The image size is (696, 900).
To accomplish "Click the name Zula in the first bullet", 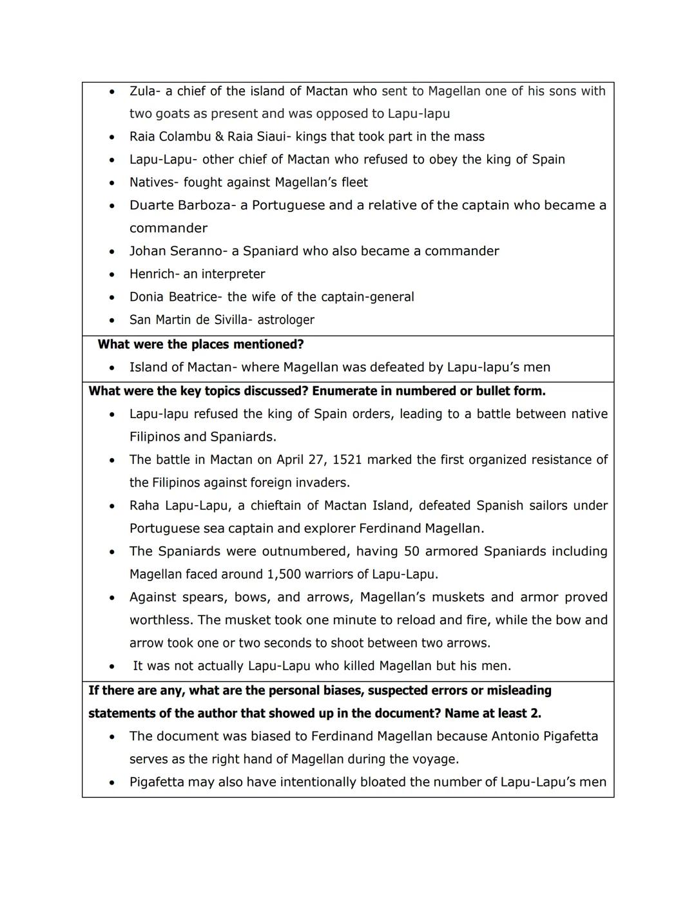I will [x=142, y=91].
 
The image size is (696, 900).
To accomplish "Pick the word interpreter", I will [x=233, y=274].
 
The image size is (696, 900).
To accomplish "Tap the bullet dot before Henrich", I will [x=112, y=274].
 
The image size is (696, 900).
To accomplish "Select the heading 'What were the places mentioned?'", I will [x=200, y=345].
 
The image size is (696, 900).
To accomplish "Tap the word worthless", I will [x=160, y=620].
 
